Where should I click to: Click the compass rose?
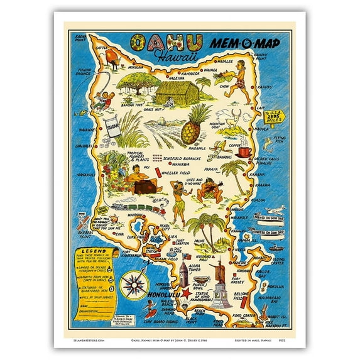click(133, 283)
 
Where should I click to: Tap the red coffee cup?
click(243, 152)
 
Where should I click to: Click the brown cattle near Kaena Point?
click(112, 58)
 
